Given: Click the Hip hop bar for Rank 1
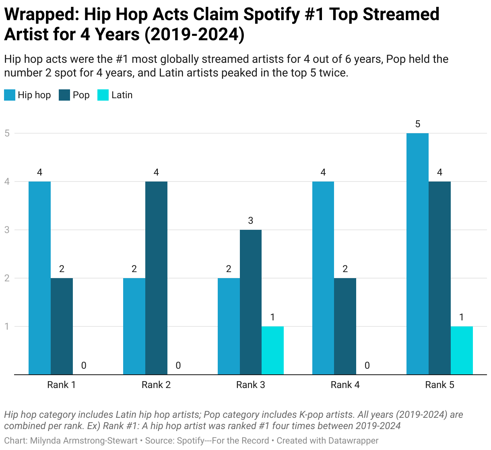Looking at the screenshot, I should coord(39,278).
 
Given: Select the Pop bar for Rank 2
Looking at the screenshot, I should coord(156,278).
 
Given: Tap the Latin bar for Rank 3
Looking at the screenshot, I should coord(272,350).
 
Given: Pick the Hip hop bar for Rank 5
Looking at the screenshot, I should coord(417,254).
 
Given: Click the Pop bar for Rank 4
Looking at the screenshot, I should coord(345,326).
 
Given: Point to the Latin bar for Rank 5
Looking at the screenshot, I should coord(462,350).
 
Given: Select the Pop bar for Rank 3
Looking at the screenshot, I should coord(251,302).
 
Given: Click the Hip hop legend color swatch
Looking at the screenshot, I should coord(10,95).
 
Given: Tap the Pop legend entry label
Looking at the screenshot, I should coord(81,95).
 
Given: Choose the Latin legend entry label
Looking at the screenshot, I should coord(122,95).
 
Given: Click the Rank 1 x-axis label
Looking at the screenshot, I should coord(62,385).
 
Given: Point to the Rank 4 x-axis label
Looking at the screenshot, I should coord(345,385).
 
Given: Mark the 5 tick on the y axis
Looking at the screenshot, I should coord(7,133).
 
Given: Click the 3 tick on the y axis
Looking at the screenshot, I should coord(7,230).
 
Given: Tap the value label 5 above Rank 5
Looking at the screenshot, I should coord(417,124).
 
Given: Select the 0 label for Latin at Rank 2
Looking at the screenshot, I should coord(178,365).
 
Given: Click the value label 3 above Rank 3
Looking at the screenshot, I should coord(251,221).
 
